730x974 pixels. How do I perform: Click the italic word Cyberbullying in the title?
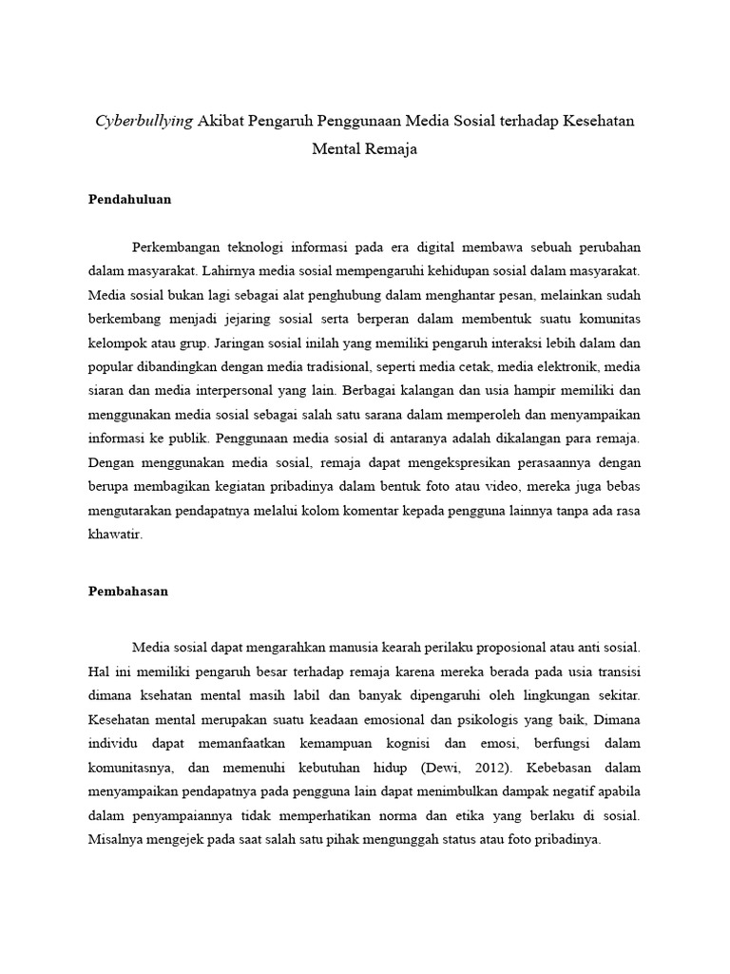coord(144,121)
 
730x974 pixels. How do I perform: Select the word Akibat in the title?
coord(225,121)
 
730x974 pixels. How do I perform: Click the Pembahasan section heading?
coord(127,591)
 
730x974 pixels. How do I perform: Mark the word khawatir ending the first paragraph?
coord(114,535)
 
